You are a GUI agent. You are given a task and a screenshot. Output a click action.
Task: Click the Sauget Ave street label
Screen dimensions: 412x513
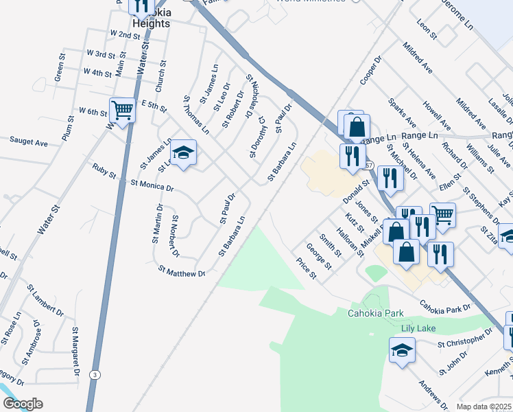(29, 142)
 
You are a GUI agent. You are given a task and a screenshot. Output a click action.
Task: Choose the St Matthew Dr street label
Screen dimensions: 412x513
(182, 271)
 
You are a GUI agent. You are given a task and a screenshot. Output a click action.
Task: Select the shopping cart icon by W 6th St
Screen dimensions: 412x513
(122, 109)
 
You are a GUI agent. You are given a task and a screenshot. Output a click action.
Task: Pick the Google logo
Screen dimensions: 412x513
(22, 404)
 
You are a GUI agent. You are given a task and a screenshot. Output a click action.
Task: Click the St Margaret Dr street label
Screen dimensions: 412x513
(75, 352)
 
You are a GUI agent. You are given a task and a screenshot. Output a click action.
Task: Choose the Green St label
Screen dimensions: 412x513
(60, 73)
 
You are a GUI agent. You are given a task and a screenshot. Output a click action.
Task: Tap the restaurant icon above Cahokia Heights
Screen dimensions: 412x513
(141, 6)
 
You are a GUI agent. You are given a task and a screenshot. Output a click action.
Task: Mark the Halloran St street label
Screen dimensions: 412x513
(350, 241)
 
